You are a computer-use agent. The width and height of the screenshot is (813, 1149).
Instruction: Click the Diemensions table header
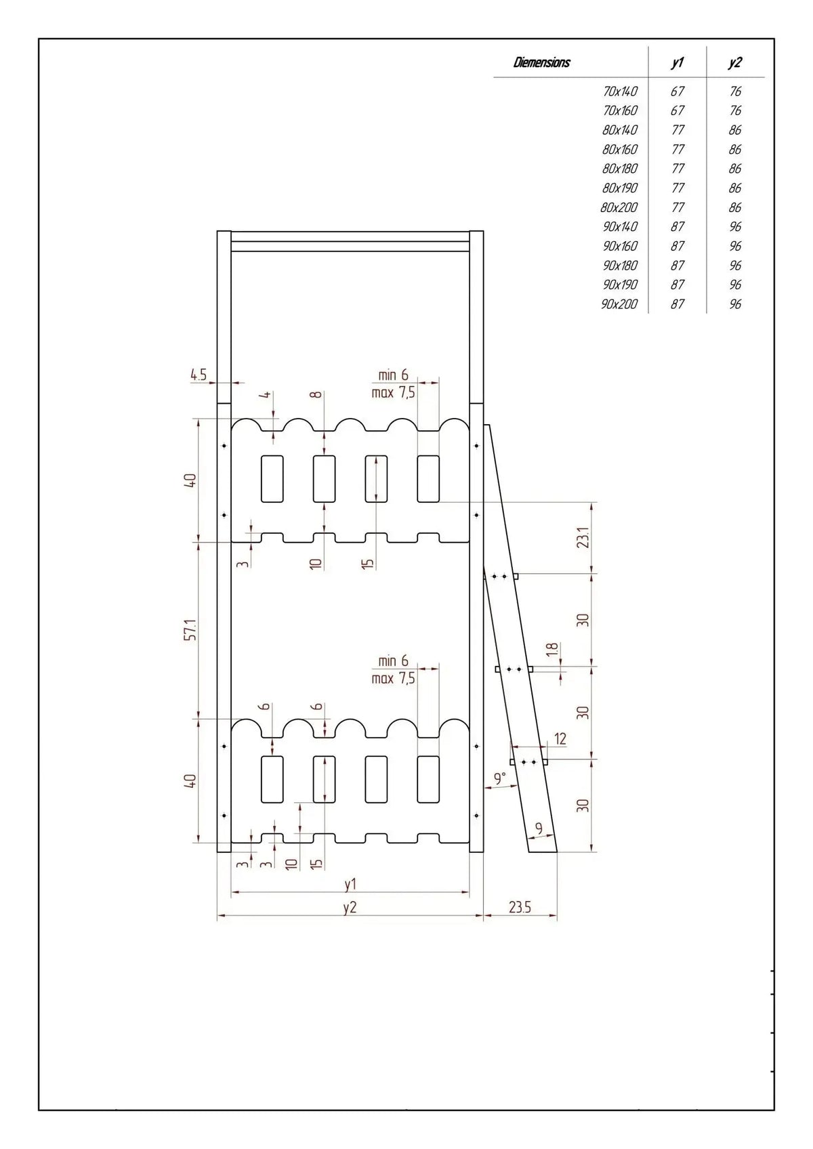[x=541, y=62]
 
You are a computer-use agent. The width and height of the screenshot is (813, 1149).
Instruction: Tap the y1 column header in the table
[x=677, y=62]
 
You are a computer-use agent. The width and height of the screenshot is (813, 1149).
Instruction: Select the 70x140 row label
[x=620, y=91]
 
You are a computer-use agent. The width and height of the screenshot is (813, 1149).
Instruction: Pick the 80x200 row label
[x=619, y=207]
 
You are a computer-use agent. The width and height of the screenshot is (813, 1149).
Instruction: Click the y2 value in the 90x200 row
[x=735, y=304]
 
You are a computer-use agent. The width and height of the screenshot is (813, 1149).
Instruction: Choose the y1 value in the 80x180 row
[x=677, y=169]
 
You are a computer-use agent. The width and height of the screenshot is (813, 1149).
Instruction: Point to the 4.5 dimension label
[x=199, y=375]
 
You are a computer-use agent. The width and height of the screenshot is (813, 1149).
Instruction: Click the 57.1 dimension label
[x=190, y=629]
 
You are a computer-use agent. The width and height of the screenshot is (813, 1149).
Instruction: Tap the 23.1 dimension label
[x=583, y=537]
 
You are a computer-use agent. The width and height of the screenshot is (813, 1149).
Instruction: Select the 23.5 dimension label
[x=520, y=907]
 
